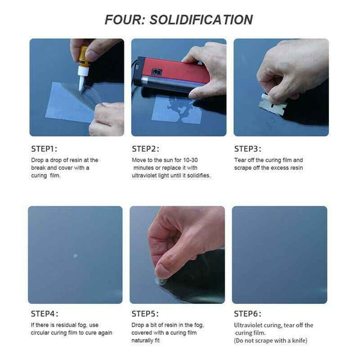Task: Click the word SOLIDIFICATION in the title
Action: (x=201, y=20)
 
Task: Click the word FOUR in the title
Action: (x=124, y=20)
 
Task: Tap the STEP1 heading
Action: (x=44, y=149)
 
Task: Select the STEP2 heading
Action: (x=145, y=149)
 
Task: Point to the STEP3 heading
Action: (x=248, y=149)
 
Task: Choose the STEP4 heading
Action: (x=45, y=314)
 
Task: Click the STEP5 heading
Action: (x=145, y=314)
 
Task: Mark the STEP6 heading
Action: (x=247, y=314)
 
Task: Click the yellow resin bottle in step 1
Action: (x=84, y=57)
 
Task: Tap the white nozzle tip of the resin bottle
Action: (x=82, y=84)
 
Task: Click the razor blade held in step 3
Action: (x=273, y=104)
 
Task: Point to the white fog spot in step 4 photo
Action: (x=75, y=256)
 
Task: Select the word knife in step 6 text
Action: (x=299, y=340)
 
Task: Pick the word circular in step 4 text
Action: (x=40, y=333)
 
